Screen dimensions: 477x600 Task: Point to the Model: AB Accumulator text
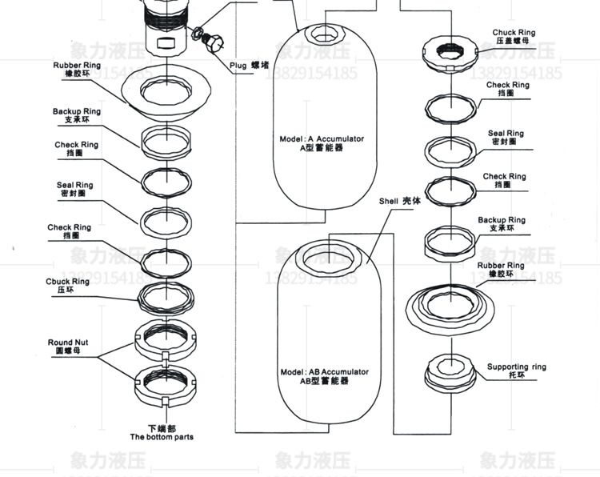click(x=324, y=372)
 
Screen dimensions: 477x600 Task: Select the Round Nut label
click(x=68, y=343)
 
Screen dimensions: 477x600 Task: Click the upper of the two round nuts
click(x=166, y=339)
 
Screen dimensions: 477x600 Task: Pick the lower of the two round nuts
click(x=166, y=383)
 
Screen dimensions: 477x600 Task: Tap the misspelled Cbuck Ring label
click(x=68, y=282)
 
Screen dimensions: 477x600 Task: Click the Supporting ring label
click(x=517, y=367)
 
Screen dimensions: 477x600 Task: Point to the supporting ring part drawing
click(x=451, y=371)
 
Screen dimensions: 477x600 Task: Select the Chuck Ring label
click(x=514, y=33)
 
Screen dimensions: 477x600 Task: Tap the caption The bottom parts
click(x=162, y=437)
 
